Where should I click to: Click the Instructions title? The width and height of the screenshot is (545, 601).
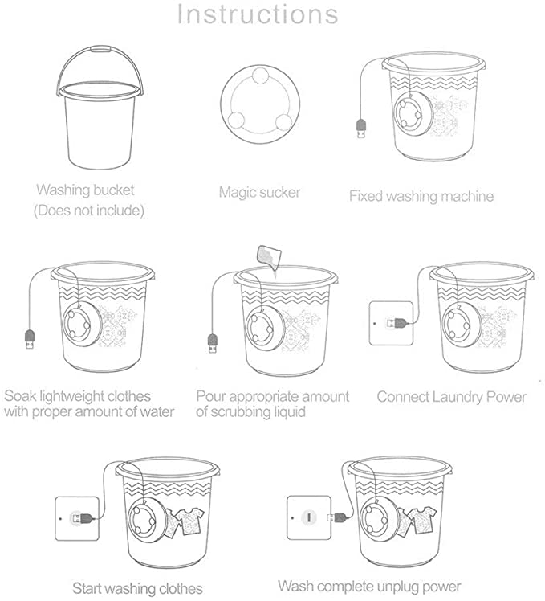tap(258, 14)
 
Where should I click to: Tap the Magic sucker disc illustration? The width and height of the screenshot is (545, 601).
tap(260, 104)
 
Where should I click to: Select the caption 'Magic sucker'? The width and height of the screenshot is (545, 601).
tap(260, 192)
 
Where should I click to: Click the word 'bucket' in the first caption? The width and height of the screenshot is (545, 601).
tap(114, 190)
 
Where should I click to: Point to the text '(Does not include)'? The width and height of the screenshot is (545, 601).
tap(89, 211)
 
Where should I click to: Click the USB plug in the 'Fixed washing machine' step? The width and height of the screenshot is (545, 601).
tap(361, 129)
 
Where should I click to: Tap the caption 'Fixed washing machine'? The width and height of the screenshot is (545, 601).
tap(421, 196)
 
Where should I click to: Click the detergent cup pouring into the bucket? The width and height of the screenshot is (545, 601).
tap(270, 256)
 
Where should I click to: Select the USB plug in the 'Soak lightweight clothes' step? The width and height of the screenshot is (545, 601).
tap(30, 339)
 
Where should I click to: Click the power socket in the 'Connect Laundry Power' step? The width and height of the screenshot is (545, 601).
tap(391, 323)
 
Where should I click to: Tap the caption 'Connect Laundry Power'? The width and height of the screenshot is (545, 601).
tap(452, 397)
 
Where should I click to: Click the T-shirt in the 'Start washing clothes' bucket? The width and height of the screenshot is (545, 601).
tap(190, 521)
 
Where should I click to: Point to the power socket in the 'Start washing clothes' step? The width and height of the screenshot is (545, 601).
tap(77, 518)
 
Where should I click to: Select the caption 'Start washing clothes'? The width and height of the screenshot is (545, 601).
tap(137, 588)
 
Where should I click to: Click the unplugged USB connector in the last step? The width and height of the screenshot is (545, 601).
tap(336, 517)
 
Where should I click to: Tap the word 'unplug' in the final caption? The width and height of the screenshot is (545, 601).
tap(396, 587)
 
